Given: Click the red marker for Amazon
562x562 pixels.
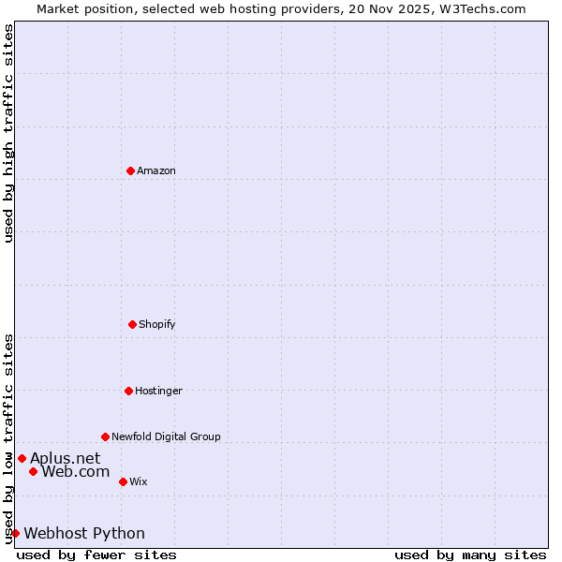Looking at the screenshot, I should [x=130, y=170].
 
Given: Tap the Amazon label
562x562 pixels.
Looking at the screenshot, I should [x=155, y=170].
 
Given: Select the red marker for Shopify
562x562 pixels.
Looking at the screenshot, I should [x=132, y=324].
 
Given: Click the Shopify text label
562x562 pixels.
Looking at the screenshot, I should [x=156, y=324].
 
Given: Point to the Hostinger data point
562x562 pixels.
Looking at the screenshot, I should [x=128, y=391].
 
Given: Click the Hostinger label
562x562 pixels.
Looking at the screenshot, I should [x=158, y=391].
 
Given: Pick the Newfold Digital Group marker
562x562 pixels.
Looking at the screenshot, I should [x=105, y=436].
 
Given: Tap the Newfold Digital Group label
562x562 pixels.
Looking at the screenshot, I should [x=166, y=436].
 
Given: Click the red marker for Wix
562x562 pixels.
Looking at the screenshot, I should [x=123, y=481].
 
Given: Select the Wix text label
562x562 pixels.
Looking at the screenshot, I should [x=138, y=481].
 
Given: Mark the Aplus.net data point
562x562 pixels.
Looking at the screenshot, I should [x=22, y=458].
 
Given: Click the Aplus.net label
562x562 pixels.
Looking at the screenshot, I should [x=65, y=458].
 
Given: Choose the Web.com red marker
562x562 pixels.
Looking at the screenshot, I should [x=33, y=471].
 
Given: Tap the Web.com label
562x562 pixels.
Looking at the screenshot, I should [x=75, y=471].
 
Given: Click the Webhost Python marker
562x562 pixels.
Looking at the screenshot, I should [x=15, y=533].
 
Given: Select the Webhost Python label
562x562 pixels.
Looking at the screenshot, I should [x=84, y=533].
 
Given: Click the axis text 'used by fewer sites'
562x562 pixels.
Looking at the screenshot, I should [x=96, y=555].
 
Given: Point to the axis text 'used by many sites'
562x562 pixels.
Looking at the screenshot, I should [x=470, y=555].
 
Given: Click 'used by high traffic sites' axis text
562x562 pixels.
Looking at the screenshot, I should [x=8, y=133].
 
